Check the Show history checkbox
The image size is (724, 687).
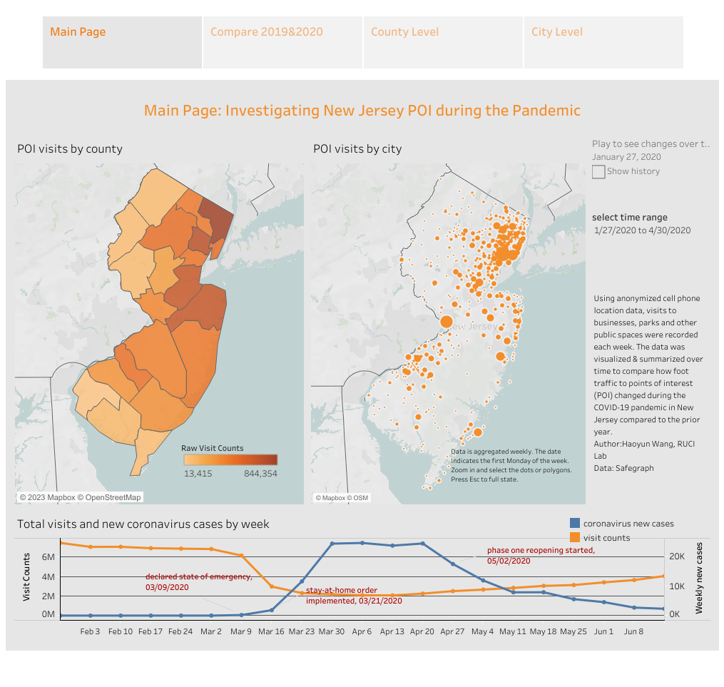tap(598, 172)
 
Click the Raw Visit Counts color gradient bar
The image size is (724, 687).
tap(230, 460)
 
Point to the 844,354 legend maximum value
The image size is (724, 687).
tap(260, 474)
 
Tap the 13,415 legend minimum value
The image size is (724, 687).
tap(198, 474)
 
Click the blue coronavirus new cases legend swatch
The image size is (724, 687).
tap(574, 524)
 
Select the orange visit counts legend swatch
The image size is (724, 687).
tap(574, 537)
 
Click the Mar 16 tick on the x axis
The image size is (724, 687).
tap(272, 631)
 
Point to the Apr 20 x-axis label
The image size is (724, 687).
tap(422, 631)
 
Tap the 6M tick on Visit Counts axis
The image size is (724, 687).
tap(49, 556)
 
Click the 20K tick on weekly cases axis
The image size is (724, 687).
tap(675, 556)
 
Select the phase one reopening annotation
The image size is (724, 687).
tap(541, 555)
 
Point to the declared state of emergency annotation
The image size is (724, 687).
tap(198, 581)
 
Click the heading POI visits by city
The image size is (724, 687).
tap(357, 149)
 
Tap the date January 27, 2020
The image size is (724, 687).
tap(626, 157)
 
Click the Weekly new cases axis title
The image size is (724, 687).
tap(699, 578)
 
